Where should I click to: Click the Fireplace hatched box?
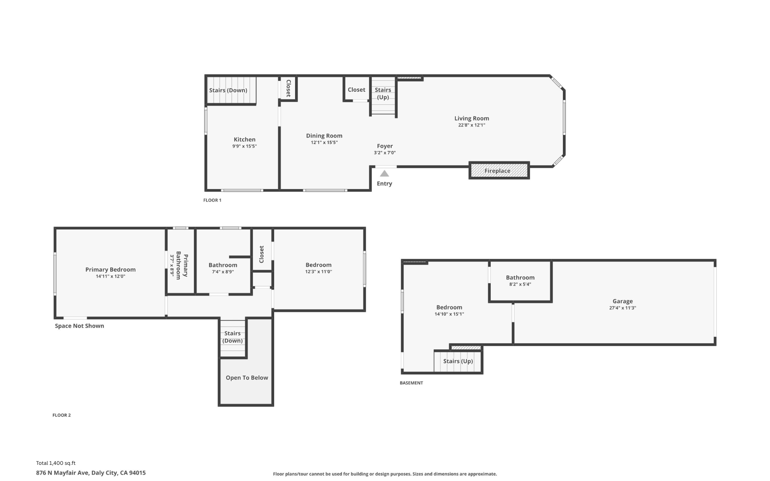(499, 171)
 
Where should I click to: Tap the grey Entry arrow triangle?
(384, 173)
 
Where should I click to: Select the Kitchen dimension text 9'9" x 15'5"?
(244, 146)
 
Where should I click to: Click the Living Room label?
(471, 118)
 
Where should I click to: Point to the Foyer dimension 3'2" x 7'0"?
(385, 153)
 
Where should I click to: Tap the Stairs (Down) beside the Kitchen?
(228, 90)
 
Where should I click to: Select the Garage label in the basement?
(623, 301)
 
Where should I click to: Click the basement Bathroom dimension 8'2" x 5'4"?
(520, 284)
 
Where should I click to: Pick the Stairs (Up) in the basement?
(458, 361)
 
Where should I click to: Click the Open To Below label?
(247, 378)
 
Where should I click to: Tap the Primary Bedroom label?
(110, 270)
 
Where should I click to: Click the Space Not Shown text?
(79, 326)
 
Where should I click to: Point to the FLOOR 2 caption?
(61, 415)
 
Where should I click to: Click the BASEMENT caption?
(411, 383)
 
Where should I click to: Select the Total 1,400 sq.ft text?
(56, 463)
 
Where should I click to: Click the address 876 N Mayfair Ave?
(91, 473)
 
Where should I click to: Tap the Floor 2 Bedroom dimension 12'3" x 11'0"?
(318, 272)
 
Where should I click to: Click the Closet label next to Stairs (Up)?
(356, 90)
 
